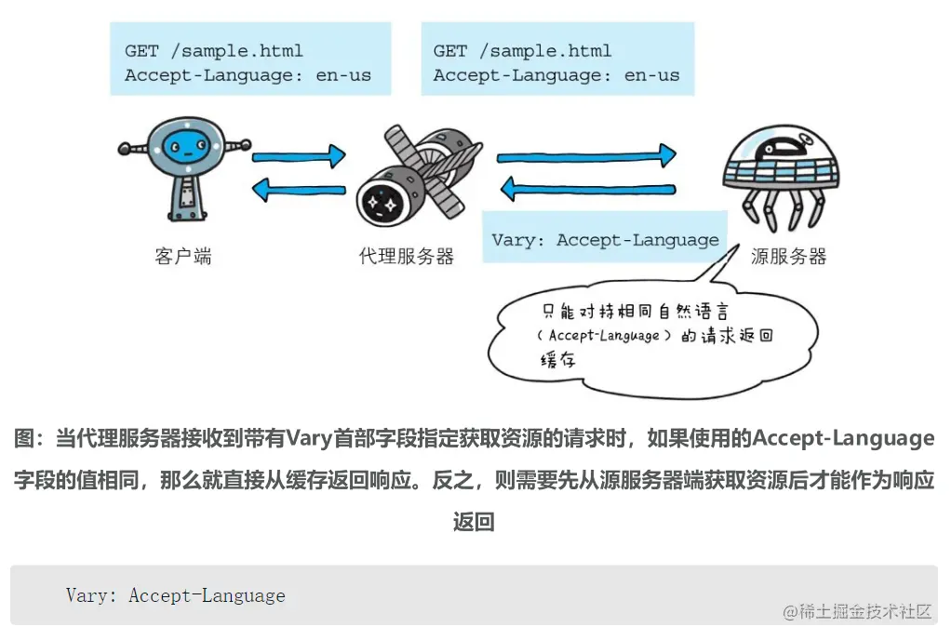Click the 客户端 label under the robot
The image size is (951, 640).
pyautogui.click(x=183, y=256)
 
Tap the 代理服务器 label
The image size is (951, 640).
pyautogui.click(x=407, y=256)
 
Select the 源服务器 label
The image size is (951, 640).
pyautogui.click(x=788, y=256)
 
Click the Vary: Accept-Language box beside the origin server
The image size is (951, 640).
pyautogui.click(x=605, y=240)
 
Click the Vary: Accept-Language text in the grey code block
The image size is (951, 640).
pyautogui.click(x=176, y=595)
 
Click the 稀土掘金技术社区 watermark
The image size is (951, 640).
pyautogui.click(x=857, y=611)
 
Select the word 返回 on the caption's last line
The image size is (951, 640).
pyautogui.click(x=475, y=522)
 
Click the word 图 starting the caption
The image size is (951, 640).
pyautogui.click(x=24, y=438)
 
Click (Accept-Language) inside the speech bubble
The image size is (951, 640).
pyautogui.click(x=603, y=336)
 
